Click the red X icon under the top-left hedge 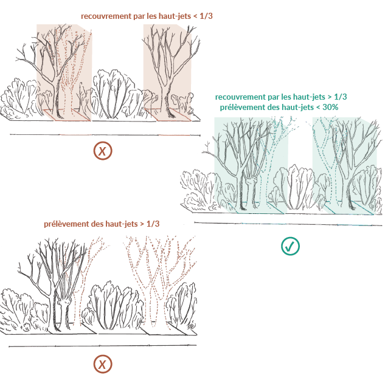(103, 151)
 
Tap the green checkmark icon (290, 246)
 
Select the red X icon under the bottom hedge (103, 364)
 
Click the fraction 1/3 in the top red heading (206, 16)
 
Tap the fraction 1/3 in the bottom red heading (153, 224)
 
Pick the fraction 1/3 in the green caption (341, 97)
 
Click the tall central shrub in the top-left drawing (114, 93)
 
